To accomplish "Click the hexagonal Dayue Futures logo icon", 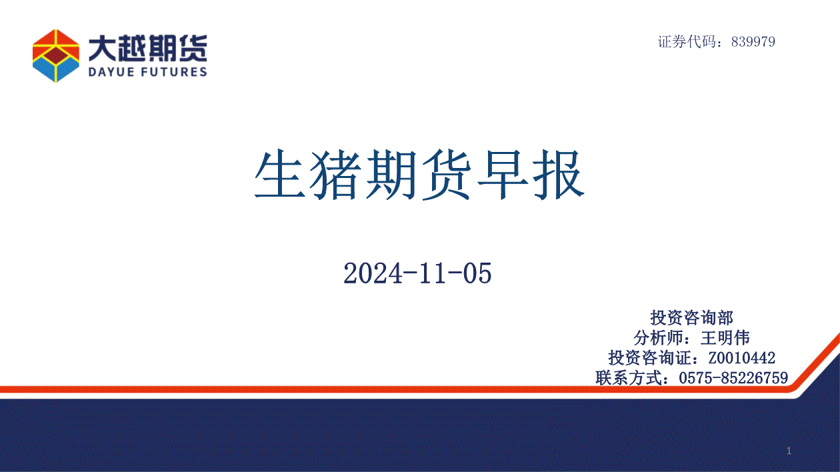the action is pyautogui.click(x=56, y=56).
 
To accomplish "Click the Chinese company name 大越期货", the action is pyautogui.click(x=148, y=49).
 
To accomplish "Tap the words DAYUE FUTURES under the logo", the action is pyautogui.click(x=148, y=72).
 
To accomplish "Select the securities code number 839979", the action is pyautogui.click(x=753, y=41).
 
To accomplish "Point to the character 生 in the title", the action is pyautogui.click(x=280, y=174).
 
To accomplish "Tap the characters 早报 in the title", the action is pyautogui.click(x=531, y=174).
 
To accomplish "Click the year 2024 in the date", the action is pyautogui.click(x=373, y=273).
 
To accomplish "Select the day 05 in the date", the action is pyautogui.click(x=477, y=273).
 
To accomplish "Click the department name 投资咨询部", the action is pyautogui.click(x=691, y=318).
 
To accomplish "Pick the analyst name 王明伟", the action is pyautogui.click(x=725, y=338).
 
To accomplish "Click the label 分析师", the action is pyautogui.click(x=658, y=338).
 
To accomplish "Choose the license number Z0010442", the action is pyautogui.click(x=742, y=358).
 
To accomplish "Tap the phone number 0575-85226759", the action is pyautogui.click(x=733, y=378).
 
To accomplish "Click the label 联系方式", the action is pyautogui.click(x=629, y=378).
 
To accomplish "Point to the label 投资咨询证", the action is pyautogui.click(x=650, y=358).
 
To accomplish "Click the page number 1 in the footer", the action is pyautogui.click(x=789, y=451).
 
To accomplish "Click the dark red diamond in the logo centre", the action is pyautogui.click(x=56, y=55).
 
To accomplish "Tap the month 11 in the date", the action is pyautogui.click(x=433, y=273).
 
